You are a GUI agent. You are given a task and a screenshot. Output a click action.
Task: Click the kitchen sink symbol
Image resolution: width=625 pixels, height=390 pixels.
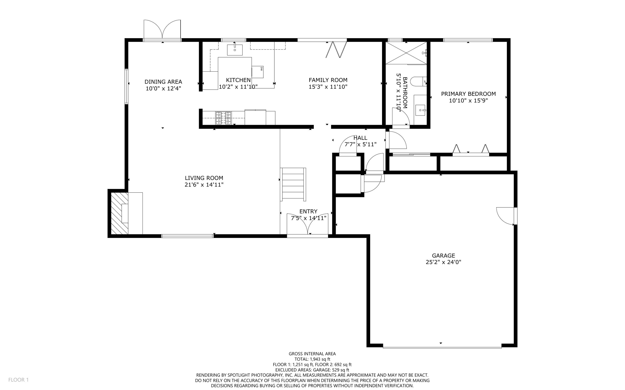click(235, 50)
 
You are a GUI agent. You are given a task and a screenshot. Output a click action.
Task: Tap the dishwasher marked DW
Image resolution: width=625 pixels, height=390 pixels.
click(258, 72)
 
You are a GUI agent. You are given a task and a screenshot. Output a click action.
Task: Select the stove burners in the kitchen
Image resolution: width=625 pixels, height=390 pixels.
click(223, 118)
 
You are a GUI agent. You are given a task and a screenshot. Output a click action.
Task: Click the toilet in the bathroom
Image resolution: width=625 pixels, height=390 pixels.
click(418, 81)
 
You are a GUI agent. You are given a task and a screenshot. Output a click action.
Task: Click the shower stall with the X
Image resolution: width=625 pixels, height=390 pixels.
click(406, 53)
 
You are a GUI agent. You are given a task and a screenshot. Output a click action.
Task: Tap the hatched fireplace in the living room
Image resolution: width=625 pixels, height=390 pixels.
click(119, 213)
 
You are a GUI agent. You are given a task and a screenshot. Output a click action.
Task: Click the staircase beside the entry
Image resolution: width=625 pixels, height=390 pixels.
click(293, 184)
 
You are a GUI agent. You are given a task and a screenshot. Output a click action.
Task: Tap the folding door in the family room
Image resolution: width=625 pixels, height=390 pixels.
click(336, 50)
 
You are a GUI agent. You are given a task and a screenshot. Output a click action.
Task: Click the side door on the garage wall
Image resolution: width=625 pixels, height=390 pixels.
click(506, 216)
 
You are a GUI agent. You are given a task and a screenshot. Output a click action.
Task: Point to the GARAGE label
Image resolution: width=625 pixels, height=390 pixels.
click(443, 256)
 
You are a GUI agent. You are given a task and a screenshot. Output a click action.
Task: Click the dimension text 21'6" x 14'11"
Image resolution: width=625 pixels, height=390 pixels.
click(204, 184)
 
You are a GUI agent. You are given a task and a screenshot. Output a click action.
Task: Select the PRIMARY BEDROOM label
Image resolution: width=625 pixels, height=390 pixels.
click(468, 94)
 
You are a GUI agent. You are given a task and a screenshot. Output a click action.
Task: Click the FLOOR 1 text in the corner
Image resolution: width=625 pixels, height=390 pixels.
click(18, 380)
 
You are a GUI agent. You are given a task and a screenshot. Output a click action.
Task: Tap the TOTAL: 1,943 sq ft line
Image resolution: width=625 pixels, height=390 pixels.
click(312, 359)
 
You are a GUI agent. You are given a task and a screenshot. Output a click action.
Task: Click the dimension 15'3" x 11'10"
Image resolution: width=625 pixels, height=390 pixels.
click(328, 87)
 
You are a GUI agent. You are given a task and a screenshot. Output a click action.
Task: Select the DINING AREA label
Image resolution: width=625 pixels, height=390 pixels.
click(163, 82)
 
